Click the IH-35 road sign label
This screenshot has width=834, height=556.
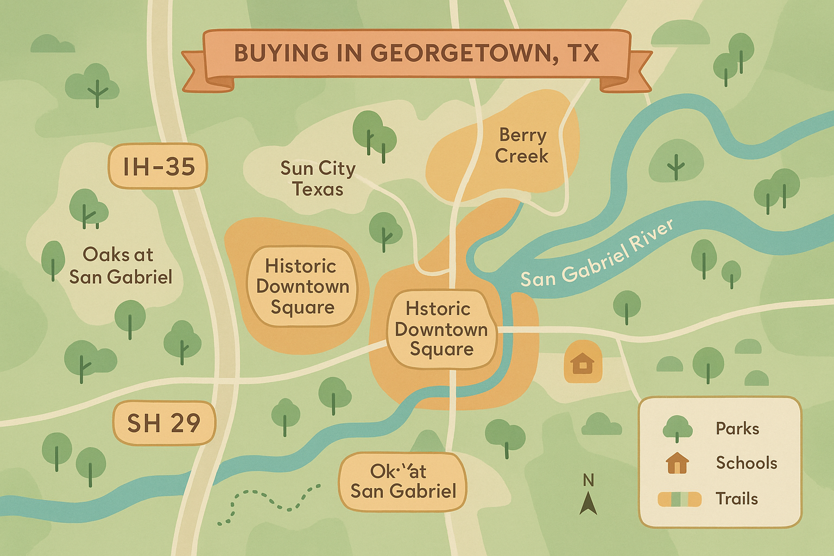[x=158, y=166]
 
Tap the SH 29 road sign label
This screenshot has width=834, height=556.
[x=163, y=423]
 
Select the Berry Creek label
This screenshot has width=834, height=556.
[x=521, y=146]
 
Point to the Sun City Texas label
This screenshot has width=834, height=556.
[x=318, y=179]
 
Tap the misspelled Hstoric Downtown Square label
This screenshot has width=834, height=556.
[x=440, y=329]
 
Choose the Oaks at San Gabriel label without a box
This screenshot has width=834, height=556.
[x=120, y=266]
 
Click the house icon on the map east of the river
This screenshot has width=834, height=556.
[x=583, y=362]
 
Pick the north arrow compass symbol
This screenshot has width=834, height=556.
[x=588, y=503]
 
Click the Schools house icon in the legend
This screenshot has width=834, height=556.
[x=677, y=463]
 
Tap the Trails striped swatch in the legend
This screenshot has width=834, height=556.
[x=679, y=499]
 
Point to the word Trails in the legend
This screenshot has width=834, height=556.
[x=736, y=498]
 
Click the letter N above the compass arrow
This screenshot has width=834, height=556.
[x=588, y=481]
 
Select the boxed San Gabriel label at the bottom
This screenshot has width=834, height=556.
[x=403, y=482]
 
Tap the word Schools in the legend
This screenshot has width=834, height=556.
[x=746, y=463]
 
